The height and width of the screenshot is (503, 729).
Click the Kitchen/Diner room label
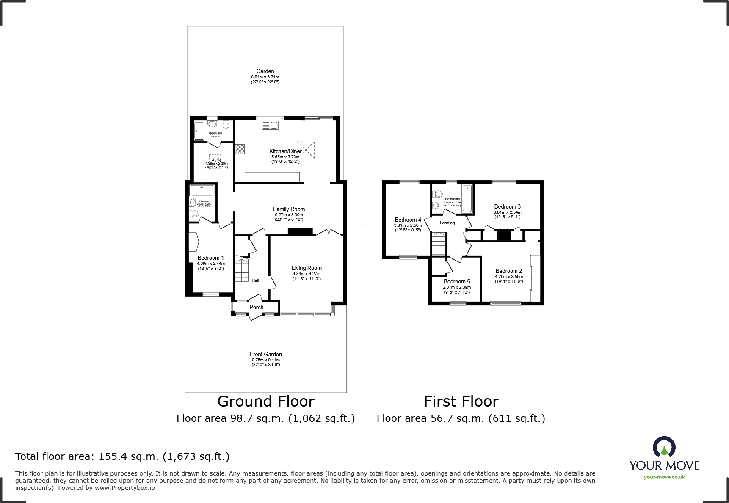point(285,151)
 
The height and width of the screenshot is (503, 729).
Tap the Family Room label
point(289,209)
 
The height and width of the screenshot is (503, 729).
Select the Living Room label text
point(307,268)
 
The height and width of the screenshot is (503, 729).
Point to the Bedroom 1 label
point(210,258)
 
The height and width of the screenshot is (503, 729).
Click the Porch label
point(256,307)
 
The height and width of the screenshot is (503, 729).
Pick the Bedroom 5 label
point(457,281)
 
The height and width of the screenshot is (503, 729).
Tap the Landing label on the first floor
point(447,223)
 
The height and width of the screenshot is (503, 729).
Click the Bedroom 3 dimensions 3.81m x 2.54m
point(507,212)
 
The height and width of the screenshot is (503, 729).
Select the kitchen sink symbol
point(269,125)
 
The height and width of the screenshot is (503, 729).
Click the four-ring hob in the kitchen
point(240,148)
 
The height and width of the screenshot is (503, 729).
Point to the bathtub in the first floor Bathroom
point(467,199)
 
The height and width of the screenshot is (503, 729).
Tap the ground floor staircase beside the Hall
point(241,270)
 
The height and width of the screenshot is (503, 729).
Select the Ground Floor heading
point(266,401)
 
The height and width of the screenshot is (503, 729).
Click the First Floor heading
point(461,401)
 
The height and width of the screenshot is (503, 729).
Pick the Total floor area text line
point(122,456)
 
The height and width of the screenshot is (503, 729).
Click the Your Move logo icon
point(664,448)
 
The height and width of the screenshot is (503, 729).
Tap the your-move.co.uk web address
point(664,477)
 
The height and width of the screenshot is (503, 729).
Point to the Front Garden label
point(265,354)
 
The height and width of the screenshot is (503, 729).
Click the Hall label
point(255,280)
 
